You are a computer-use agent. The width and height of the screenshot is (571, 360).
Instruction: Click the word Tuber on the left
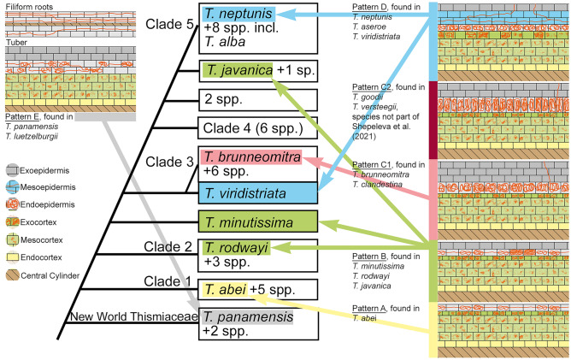pos(15,41)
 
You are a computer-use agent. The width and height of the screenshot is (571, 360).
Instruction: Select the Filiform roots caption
pos(29,5)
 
